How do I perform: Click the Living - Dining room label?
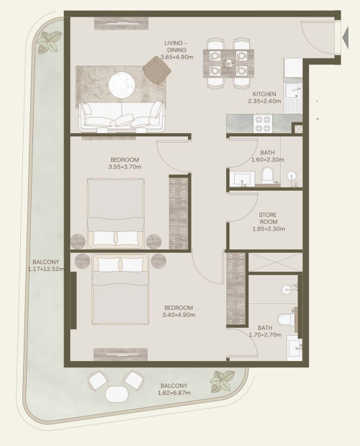176,46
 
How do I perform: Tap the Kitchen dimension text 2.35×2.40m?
264,101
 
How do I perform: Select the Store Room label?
268,218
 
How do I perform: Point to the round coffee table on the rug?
122,85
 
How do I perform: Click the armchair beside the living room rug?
156,70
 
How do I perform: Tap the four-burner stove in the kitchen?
263,123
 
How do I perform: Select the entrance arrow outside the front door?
346,37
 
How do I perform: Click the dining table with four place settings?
228,63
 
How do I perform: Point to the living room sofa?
122,117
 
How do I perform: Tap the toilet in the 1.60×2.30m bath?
267,176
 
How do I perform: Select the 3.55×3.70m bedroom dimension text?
125,167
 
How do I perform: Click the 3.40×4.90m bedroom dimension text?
179,315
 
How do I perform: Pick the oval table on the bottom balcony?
117,393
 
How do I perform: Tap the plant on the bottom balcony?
222,381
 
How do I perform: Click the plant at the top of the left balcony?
50,42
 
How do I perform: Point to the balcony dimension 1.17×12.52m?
46,269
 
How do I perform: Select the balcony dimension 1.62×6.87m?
174,393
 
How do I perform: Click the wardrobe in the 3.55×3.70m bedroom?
179,212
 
